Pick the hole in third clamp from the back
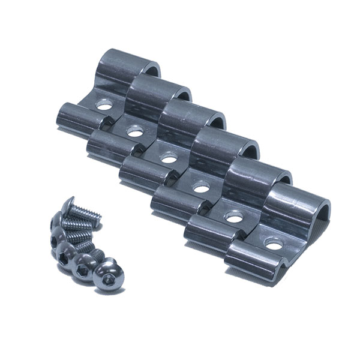click(168, 159)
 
